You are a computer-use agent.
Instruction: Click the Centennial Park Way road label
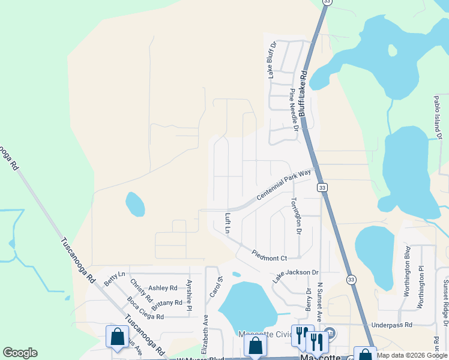[x=284, y=185]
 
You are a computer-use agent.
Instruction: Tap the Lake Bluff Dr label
[x=271, y=60]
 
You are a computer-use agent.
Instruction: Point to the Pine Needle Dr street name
[x=294, y=109]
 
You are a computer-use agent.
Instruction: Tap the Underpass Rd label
[x=391, y=325]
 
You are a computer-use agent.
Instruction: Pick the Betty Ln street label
[x=114, y=278]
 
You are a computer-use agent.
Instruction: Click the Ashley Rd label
[x=163, y=288]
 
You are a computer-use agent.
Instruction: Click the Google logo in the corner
[x=20, y=353]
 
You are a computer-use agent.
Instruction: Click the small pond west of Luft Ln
[x=135, y=204]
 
